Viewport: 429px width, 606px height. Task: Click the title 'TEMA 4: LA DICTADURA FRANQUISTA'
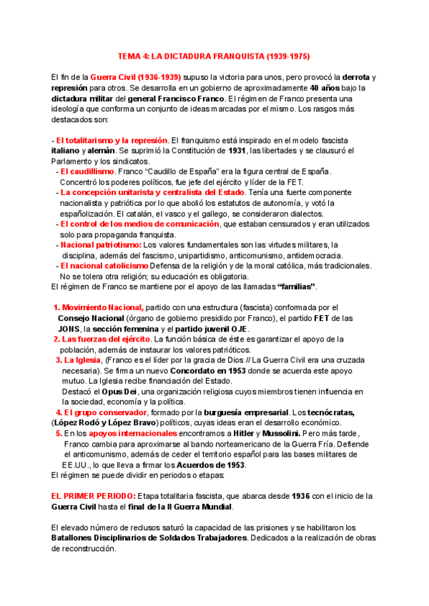pyautogui.click(x=214, y=55)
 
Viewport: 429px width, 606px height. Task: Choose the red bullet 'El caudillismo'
pyautogui.click(x=87, y=172)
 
